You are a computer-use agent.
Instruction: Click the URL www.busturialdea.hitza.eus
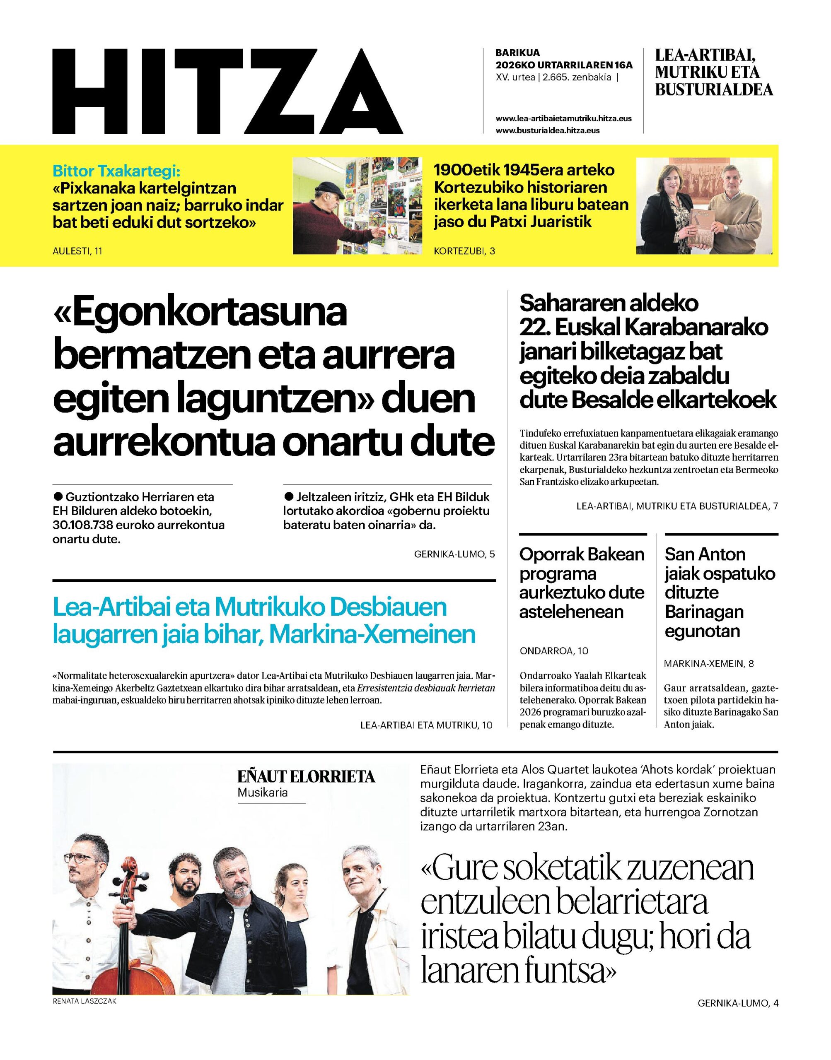coord(547,130)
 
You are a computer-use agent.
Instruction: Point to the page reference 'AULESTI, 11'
coord(77,251)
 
